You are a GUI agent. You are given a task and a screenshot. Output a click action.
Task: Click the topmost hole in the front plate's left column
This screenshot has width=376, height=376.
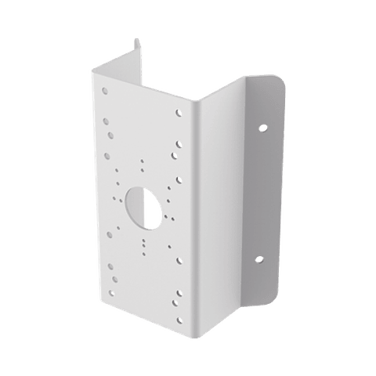click(x=105, y=100)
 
